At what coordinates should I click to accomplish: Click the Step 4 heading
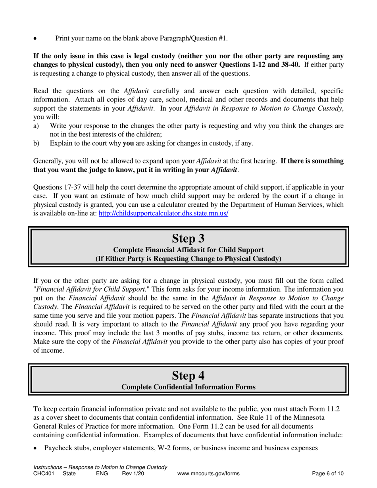point(188,375)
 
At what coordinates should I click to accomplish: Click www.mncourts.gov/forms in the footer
point(209,473)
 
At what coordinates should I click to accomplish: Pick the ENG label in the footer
point(102,473)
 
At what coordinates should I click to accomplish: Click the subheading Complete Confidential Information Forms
point(188,387)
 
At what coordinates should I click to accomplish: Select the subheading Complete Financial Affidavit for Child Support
point(188,250)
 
